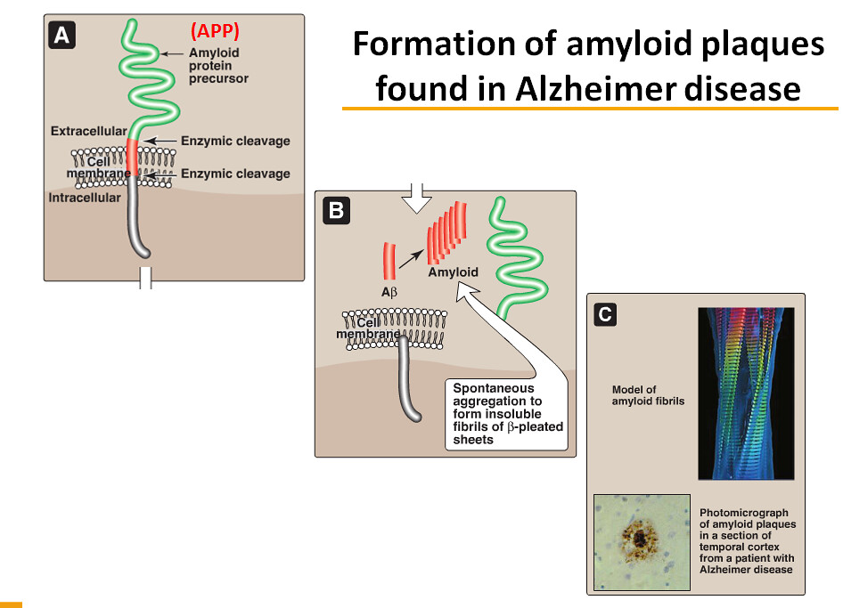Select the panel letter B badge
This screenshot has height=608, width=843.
coord(336,211)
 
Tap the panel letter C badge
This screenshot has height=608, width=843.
coord(605,313)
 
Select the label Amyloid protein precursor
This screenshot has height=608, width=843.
coord(218,66)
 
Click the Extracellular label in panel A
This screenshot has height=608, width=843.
coord(88,132)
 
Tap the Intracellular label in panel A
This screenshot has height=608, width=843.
coord(85,198)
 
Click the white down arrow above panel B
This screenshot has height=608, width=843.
coord(415,199)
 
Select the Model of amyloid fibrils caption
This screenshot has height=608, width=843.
coord(649,395)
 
